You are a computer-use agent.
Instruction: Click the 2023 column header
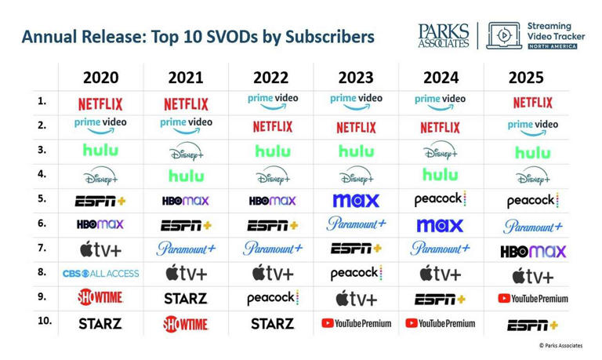point(356,78)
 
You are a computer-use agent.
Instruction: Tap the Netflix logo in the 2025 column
point(532,103)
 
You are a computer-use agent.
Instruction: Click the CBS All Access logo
point(100,274)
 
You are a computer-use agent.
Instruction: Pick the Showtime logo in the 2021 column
point(186,323)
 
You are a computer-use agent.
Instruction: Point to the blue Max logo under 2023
point(356,200)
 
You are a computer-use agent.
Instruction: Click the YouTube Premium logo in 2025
point(532,298)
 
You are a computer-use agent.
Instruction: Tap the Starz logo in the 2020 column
point(100,323)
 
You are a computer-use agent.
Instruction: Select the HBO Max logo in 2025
point(532,252)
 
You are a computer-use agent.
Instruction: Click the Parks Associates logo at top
point(444,35)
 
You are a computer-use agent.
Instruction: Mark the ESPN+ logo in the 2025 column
point(532,325)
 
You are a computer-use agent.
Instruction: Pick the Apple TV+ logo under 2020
point(100,250)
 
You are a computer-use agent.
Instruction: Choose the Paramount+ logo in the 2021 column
point(186,249)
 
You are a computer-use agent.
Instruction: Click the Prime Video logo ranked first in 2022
point(271,101)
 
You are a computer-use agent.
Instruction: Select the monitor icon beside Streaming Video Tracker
point(504,35)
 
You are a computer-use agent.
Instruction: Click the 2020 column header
point(100,78)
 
